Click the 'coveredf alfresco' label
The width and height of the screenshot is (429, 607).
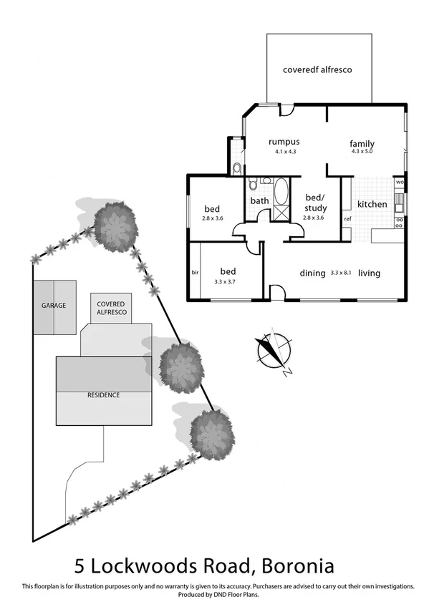pyautogui.click(x=317, y=70)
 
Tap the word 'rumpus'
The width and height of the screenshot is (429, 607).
pyautogui.click(x=284, y=141)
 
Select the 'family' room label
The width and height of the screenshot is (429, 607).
pyautogui.click(x=362, y=144)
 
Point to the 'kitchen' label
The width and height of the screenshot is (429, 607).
pyautogui.click(x=372, y=204)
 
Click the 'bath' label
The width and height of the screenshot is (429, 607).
pyautogui.click(x=259, y=200)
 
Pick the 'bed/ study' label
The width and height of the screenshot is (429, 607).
pyautogui.click(x=315, y=202)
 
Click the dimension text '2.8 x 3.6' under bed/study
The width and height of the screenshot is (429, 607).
pyautogui.click(x=314, y=218)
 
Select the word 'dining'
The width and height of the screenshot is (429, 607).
pyautogui.click(x=313, y=273)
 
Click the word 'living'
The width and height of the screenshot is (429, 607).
pyautogui.click(x=369, y=273)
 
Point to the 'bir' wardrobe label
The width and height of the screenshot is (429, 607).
pyautogui.click(x=195, y=273)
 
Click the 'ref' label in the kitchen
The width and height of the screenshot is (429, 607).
pyautogui.click(x=347, y=218)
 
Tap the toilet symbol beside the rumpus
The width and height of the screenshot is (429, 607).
pyautogui.click(x=237, y=169)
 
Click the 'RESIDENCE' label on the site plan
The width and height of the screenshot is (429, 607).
pyautogui.click(x=103, y=395)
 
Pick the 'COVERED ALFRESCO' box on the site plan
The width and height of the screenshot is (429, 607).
pyautogui.click(x=111, y=309)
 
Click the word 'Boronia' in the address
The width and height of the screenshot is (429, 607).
pyautogui.click(x=295, y=567)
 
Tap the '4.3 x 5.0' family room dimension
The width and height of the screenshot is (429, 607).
pyautogui.click(x=362, y=152)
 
